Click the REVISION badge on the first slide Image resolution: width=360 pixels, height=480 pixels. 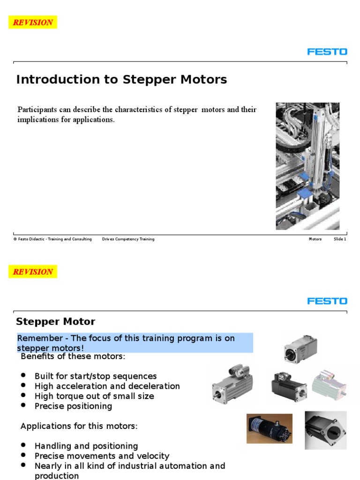click(x=33, y=22)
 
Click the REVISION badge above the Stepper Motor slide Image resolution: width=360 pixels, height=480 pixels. click(x=33, y=271)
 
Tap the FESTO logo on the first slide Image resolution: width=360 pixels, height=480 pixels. click(x=327, y=51)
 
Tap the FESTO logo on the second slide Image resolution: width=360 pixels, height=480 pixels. click(x=327, y=300)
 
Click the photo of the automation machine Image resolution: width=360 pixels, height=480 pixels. click(x=307, y=166)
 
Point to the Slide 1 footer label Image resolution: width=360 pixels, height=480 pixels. click(x=340, y=239)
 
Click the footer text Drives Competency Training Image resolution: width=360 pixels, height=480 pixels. click(x=128, y=239)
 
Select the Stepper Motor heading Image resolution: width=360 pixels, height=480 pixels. click(x=55, y=322)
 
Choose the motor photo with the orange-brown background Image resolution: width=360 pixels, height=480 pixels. click(x=270, y=428)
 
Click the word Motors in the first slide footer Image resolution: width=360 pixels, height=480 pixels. click(x=315, y=239)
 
